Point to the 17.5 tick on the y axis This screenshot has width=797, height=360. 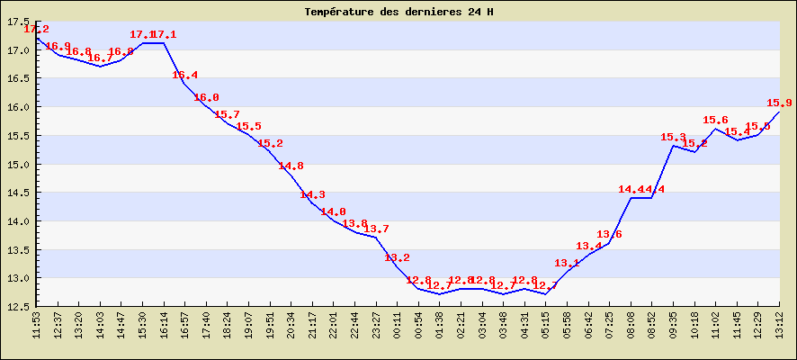(x=18, y=22)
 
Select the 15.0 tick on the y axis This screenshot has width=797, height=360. (x=18, y=164)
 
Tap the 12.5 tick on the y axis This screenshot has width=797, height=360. (x=18, y=306)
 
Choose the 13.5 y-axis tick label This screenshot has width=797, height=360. (x=18, y=249)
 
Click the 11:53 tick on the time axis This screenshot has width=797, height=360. (x=36, y=323)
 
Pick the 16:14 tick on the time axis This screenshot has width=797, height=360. (x=163, y=323)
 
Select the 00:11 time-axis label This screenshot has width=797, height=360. (x=397, y=323)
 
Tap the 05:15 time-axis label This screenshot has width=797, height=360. (x=545, y=323)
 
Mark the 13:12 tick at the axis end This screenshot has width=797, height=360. (x=779, y=323)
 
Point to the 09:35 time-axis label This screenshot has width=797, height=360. (x=673, y=323)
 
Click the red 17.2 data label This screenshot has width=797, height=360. (x=37, y=30)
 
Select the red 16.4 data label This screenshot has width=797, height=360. (x=185, y=76)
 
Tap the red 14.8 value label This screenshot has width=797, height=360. (x=291, y=166)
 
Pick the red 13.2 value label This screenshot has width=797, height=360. (x=398, y=258)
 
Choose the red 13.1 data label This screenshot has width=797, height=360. (x=567, y=264)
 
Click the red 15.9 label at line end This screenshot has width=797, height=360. (x=779, y=103)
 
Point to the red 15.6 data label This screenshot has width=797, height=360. (x=715, y=121)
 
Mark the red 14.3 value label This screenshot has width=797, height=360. (x=313, y=195)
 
